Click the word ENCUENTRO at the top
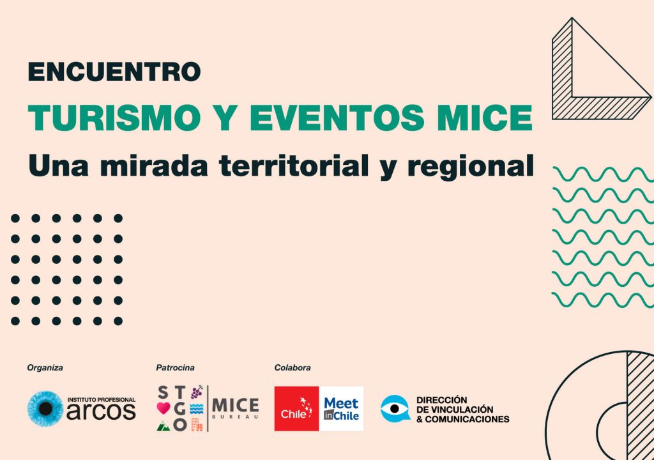coord(114,72)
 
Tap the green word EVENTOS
coord(337,117)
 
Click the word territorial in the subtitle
coord(294,165)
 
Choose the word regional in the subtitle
coord(471,167)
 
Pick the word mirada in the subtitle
coord(154,165)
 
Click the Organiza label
coord(45,368)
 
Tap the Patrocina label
coord(175,368)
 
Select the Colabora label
coord(293,368)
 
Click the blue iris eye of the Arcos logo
coord(45,409)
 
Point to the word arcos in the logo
coord(101,411)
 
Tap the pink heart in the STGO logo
coord(163,408)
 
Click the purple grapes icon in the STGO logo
coord(197,392)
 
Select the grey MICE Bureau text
coord(235,408)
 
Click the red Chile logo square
coord(296,409)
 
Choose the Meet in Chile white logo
coord(341,409)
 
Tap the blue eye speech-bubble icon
coord(395,409)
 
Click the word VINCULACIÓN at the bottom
coord(462,410)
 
